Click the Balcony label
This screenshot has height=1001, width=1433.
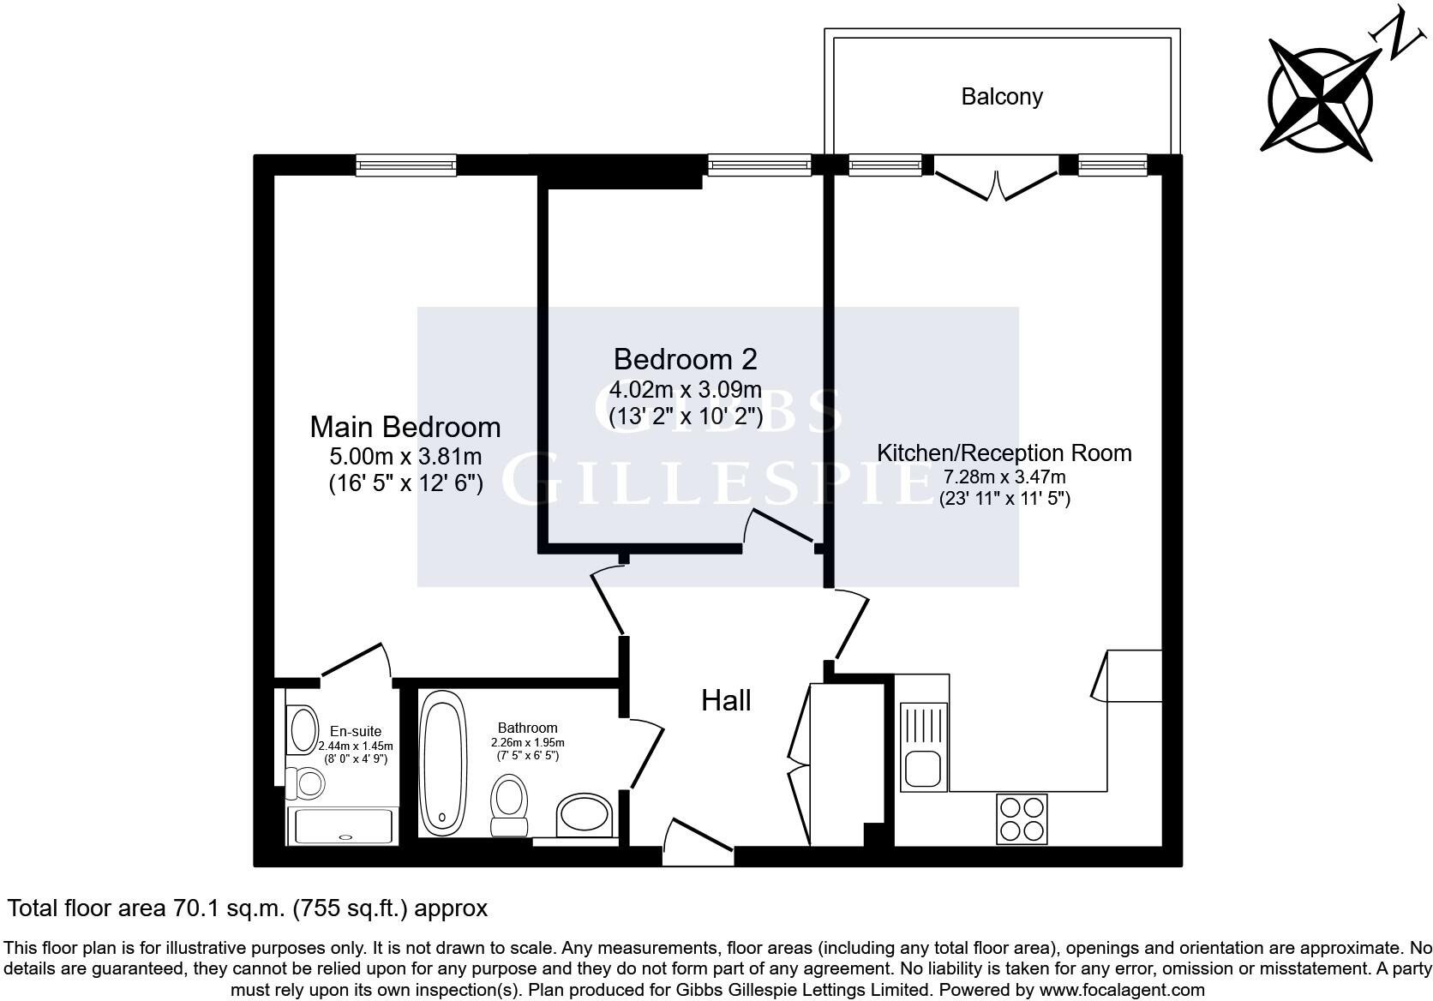coord(1001,96)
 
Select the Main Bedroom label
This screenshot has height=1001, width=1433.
coord(405,427)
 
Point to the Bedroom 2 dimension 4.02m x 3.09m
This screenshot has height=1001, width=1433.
coord(685,390)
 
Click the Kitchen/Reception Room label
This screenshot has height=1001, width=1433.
coord(1004,453)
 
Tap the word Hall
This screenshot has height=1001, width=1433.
coord(726,701)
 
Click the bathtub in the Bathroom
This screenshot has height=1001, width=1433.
coord(444,762)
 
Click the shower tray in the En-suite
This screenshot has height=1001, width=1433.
coord(343,826)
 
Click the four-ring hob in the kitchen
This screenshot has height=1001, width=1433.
coord(1022,818)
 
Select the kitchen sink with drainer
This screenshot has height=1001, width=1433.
coord(923,746)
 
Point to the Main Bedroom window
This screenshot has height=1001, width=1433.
coord(405,165)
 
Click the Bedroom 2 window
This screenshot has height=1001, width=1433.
coord(759,165)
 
